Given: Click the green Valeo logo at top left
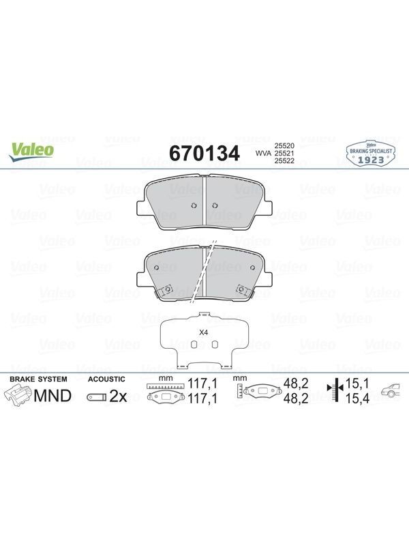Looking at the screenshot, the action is [x=31, y=152].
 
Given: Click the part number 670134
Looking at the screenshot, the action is [x=204, y=153].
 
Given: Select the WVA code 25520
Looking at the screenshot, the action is [x=284, y=145].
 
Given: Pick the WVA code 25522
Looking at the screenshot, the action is [x=284, y=160].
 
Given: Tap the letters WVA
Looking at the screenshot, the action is [x=264, y=153].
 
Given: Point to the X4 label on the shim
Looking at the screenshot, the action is [x=203, y=332].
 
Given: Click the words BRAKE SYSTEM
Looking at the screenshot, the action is [x=38, y=379].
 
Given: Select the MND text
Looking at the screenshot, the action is [x=53, y=396].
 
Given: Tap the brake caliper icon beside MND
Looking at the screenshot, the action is [x=18, y=397].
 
